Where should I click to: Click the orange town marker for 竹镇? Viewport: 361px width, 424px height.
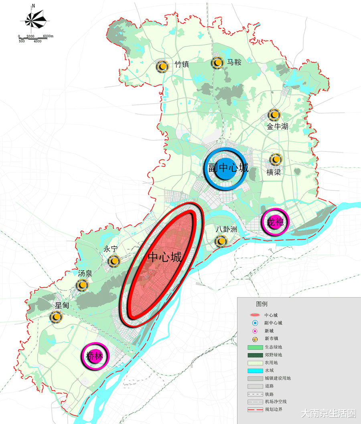click(x=162, y=67)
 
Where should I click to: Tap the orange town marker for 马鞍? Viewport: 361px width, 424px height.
click(x=217, y=63)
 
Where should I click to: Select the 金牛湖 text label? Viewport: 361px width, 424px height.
click(x=278, y=127)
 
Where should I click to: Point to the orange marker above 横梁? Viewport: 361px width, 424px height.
click(x=276, y=159)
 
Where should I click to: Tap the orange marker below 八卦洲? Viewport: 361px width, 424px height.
click(x=221, y=241)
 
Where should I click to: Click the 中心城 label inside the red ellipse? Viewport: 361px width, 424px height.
click(x=165, y=257)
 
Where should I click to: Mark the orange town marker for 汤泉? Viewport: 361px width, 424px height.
click(x=83, y=285)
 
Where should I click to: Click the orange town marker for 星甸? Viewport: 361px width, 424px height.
click(x=57, y=317)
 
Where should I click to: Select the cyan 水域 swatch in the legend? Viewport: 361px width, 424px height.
click(x=252, y=370)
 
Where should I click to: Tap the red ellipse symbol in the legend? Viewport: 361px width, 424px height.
click(x=252, y=315)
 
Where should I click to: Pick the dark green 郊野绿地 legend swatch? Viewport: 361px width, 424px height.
click(x=252, y=355)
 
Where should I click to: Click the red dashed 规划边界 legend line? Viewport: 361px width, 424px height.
click(x=252, y=410)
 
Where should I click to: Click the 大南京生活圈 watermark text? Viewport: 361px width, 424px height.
click(x=328, y=414)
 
